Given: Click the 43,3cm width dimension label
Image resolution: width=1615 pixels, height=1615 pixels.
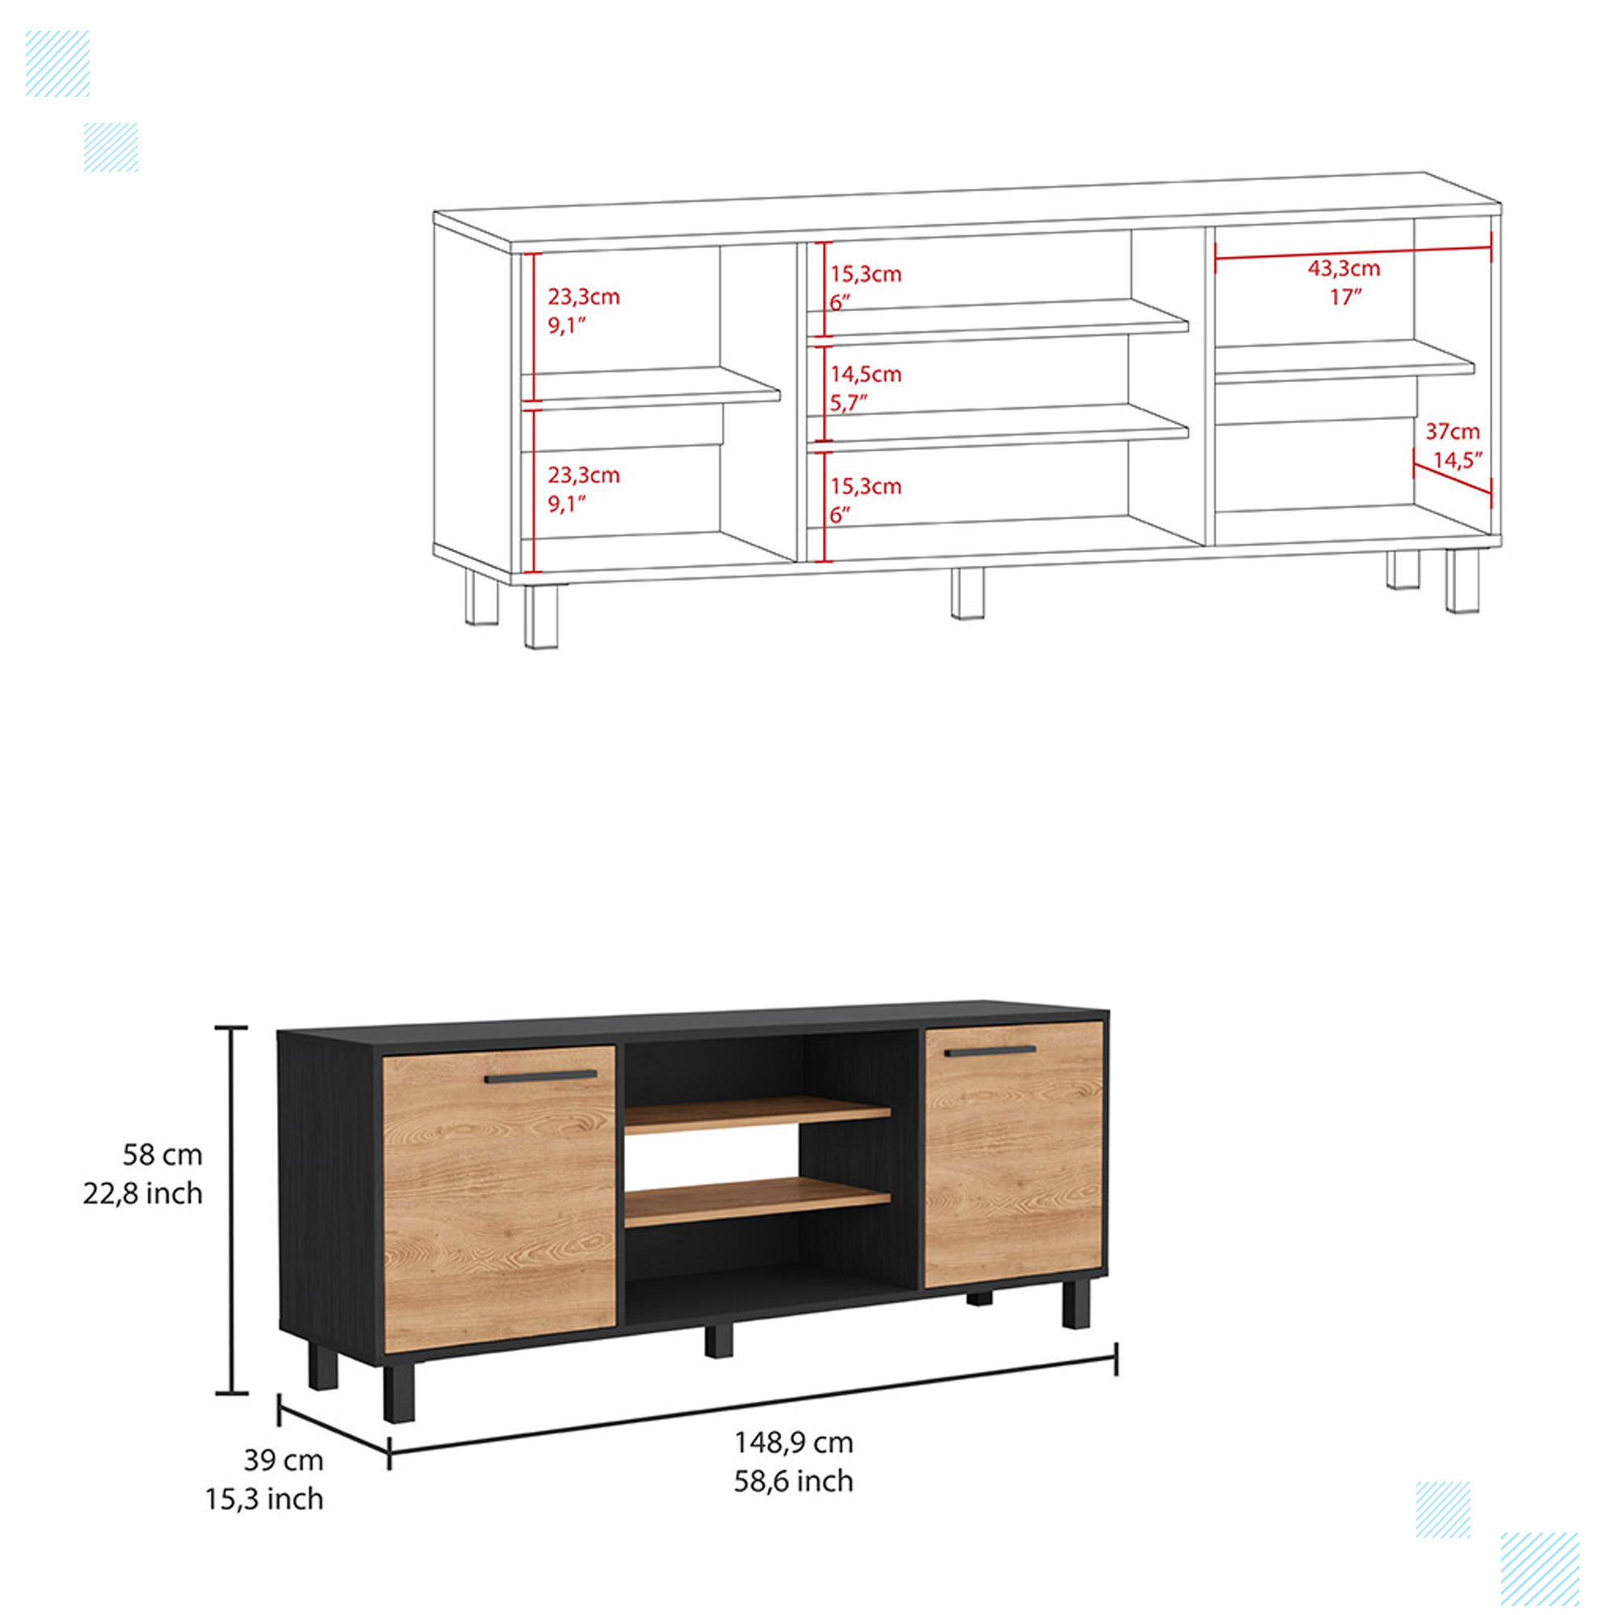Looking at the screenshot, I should point(1344,269).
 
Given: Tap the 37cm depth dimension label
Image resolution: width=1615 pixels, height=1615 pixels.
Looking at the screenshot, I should point(1452,431).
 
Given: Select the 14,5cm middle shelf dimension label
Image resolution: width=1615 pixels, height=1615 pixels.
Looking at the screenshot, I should point(865,374).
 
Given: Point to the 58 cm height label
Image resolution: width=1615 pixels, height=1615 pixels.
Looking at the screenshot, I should point(162,1155).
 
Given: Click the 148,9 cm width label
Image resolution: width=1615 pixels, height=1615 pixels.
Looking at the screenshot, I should point(793,1442).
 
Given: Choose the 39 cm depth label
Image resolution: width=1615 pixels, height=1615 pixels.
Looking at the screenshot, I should point(283,1459).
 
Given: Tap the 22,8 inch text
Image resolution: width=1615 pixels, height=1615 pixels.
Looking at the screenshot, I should point(143,1193).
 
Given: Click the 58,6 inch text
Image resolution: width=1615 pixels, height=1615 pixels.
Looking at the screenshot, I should point(793,1480).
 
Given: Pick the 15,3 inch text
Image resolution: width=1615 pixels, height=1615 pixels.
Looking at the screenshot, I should point(264,1499).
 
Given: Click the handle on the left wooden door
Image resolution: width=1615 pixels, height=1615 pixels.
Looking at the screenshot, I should point(541,1076).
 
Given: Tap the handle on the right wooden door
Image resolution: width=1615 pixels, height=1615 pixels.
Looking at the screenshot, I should point(990,1051).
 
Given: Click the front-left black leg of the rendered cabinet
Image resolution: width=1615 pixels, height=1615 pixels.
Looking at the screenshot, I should point(399,1393).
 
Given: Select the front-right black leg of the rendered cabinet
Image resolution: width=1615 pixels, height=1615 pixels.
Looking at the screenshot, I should point(1076,1307).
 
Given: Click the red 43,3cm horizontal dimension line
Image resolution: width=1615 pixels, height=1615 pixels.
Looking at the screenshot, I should point(1353,248).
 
